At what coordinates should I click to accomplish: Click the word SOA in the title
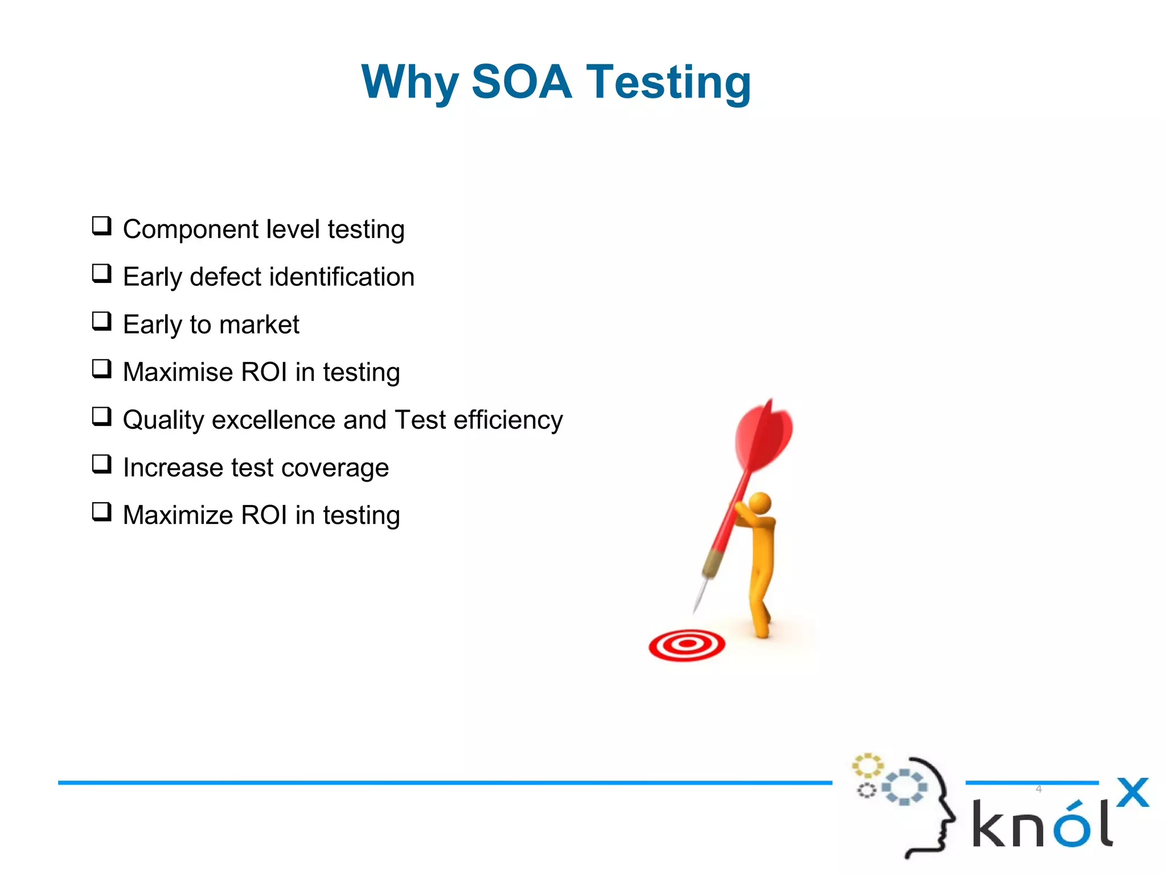[x=521, y=82]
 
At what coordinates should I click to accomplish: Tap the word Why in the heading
[x=410, y=83]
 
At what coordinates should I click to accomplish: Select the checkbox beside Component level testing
[x=102, y=226]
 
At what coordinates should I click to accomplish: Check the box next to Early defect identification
[x=102, y=274]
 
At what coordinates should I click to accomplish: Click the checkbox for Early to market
[x=102, y=322]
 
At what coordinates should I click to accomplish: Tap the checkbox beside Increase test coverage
[x=102, y=465]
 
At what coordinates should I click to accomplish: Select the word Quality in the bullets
[x=163, y=421]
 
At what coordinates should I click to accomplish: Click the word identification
[x=342, y=277]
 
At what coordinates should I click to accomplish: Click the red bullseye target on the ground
[x=687, y=645]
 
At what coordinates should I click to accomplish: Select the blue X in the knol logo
[x=1132, y=793]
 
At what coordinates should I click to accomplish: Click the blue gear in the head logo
[x=904, y=787]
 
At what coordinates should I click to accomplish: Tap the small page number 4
[x=1038, y=789]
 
